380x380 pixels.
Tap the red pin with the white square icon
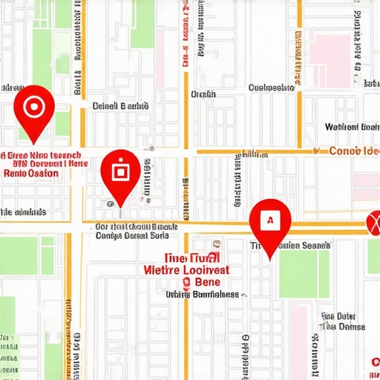click(x=120, y=172)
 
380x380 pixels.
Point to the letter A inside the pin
click(x=270, y=220)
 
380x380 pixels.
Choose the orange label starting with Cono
click(x=353, y=151)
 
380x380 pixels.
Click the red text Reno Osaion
click(x=31, y=173)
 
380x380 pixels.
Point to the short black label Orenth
click(x=203, y=94)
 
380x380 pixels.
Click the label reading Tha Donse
click(x=342, y=327)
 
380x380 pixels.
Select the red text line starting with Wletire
click(x=187, y=270)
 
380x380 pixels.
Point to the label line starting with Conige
click(x=132, y=237)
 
